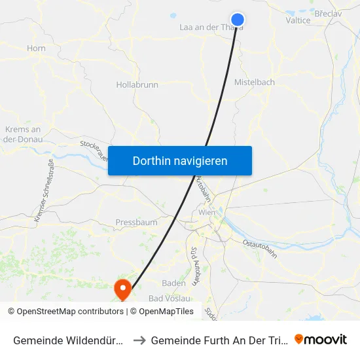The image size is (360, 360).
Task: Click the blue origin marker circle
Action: pyautogui.click(x=238, y=20)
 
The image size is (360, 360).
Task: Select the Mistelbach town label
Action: pyautogui.click(x=254, y=82)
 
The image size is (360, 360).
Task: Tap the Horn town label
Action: pyautogui.click(x=36, y=48)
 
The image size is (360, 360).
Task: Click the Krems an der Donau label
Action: pyautogui.click(x=23, y=134)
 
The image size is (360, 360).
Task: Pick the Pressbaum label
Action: pyautogui.click(x=136, y=223)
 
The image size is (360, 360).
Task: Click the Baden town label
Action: pyautogui.click(x=173, y=283)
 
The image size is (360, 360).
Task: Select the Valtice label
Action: pyautogui.click(x=298, y=20)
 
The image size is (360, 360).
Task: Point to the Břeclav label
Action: pyautogui.click(x=331, y=14)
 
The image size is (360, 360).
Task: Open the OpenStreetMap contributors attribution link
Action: pyautogui.click(x=70, y=312)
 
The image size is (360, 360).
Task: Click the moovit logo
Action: pyautogui.click(x=321, y=340)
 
